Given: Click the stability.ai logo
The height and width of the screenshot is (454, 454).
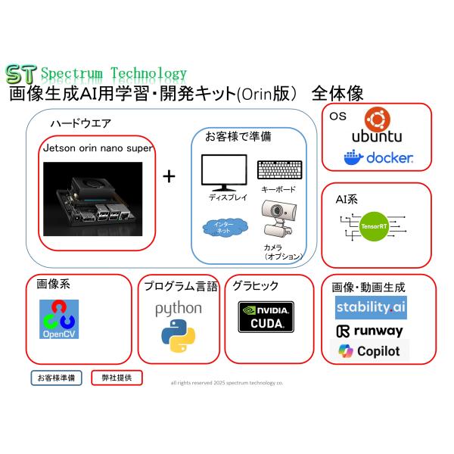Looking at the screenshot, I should pyautogui.click(x=371, y=308).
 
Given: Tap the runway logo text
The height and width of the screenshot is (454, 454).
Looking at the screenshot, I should pyautogui.click(x=369, y=331).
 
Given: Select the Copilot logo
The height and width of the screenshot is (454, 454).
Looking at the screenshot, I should pyautogui.click(x=369, y=352).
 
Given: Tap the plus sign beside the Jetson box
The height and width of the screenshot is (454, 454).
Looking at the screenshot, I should pyautogui.click(x=169, y=176).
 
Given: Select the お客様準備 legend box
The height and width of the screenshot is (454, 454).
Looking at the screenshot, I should pyautogui.click(x=56, y=377).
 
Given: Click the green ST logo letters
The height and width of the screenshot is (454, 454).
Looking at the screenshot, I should pyautogui.click(x=20, y=73).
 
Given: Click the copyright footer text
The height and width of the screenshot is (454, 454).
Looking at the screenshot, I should pyautogui.click(x=227, y=383).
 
